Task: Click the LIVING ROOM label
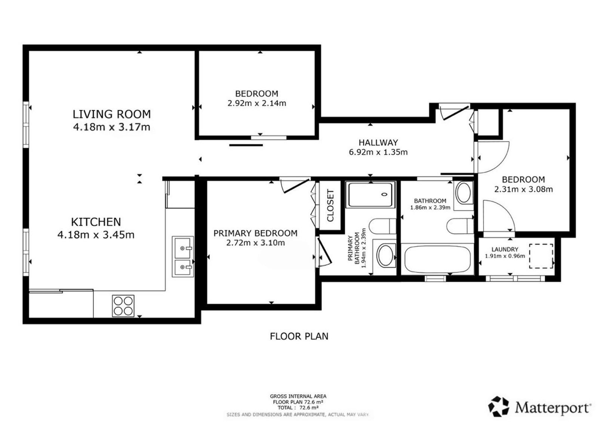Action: (112, 114)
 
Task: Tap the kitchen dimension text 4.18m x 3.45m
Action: (96, 235)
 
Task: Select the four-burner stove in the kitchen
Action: (123, 306)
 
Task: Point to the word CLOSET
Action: (330, 206)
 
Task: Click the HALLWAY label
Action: (378, 142)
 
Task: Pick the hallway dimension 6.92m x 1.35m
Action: (378, 152)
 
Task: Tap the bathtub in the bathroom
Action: (437, 259)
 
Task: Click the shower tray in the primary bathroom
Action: (370, 195)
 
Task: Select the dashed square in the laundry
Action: (541, 256)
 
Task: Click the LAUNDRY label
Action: (505, 249)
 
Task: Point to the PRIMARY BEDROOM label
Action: (255, 233)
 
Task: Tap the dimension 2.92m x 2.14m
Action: (256, 103)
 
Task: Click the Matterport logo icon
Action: (499, 407)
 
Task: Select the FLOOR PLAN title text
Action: (299, 336)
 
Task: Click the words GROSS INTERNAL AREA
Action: (298, 396)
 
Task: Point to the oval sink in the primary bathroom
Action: (385, 255)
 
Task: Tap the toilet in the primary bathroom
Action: (382, 226)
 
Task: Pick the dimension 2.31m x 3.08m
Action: (524, 189)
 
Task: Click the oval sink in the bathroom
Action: (463, 192)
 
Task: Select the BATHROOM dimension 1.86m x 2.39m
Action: (430, 207)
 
